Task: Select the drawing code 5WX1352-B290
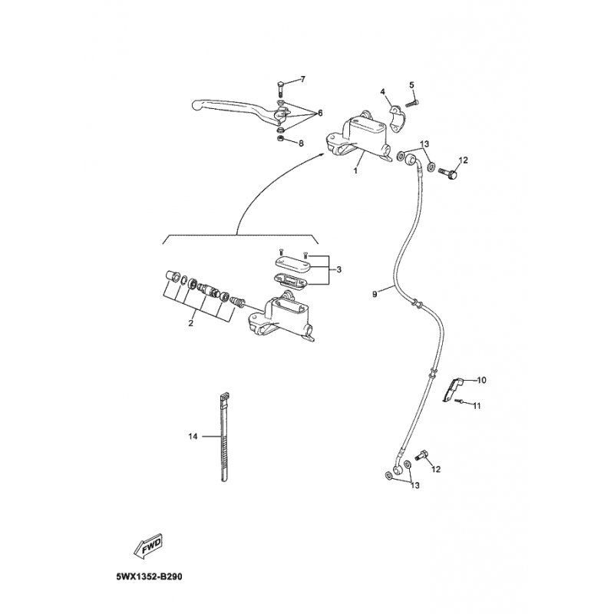click(149, 577)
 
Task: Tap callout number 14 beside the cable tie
click(193, 436)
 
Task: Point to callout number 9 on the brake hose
click(375, 294)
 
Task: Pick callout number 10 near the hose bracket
click(482, 380)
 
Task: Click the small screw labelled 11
click(459, 401)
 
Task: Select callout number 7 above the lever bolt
click(302, 80)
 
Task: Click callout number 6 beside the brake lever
click(320, 113)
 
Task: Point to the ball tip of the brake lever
click(196, 104)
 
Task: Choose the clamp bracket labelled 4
click(397, 114)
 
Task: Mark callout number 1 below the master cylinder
click(355, 170)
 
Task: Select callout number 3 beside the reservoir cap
click(338, 269)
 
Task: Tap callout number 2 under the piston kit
click(190, 323)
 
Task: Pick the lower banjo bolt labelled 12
click(421, 455)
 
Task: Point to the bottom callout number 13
click(415, 486)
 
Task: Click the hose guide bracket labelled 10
click(452, 389)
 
